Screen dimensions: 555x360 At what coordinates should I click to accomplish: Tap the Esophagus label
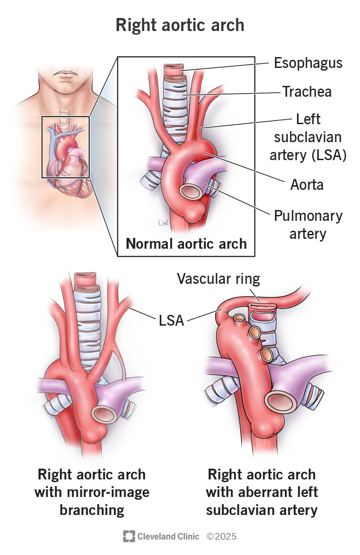pos(308,63)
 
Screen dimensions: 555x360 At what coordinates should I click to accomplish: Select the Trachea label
pos(307,92)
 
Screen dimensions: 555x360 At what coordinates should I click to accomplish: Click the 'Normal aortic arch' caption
pos(186,244)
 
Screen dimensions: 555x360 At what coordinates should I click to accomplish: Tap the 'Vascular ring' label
pos(218,279)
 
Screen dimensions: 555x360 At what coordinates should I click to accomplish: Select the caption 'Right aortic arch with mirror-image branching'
pos(92,492)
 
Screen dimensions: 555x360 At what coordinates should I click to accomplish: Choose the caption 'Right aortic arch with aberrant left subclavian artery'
pos(262,492)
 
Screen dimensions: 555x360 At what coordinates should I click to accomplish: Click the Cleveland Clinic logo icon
pos(129,536)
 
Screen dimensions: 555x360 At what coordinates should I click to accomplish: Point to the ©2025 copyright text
pos(221,536)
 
